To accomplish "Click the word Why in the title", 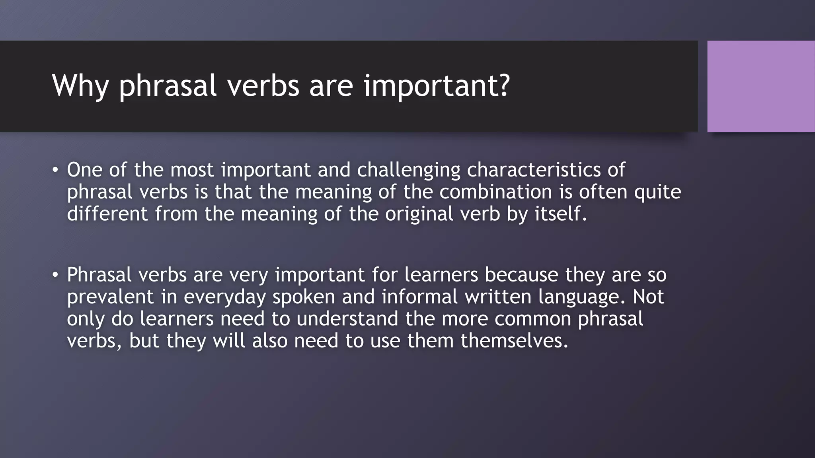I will point(80,85).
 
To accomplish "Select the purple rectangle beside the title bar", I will point(761,86).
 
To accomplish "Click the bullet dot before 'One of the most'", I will point(55,171).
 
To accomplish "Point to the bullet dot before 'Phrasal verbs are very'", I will point(55,275).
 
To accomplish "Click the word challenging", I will point(408,171).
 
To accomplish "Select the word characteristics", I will point(534,170).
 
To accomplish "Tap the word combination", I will point(496,192).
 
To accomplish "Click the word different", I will point(107,214).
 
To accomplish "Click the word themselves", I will point(514,341).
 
